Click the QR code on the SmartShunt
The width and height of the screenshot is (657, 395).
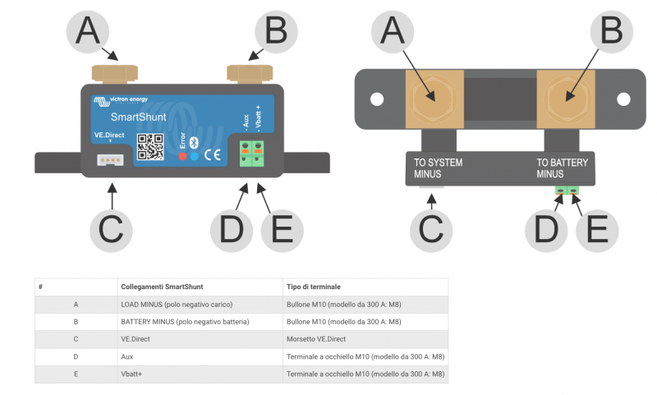pyautogui.click(x=150, y=146)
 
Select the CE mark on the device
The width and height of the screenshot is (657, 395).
pyautogui.click(x=212, y=154)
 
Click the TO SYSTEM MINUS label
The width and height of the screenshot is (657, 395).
pyautogui.click(x=438, y=168)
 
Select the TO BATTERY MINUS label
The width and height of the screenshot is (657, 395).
pyautogui.click(x=562, y=168)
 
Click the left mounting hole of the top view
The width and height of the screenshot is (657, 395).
pyautogui.click(x=376, y=99)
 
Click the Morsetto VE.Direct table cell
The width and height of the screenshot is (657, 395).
pyautogui.click(x=317, y=338)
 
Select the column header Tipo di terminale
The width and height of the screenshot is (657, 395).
pyautogui.click(x=315, y=287)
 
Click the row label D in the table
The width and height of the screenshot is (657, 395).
pyautogui.click(x=76, y=356)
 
